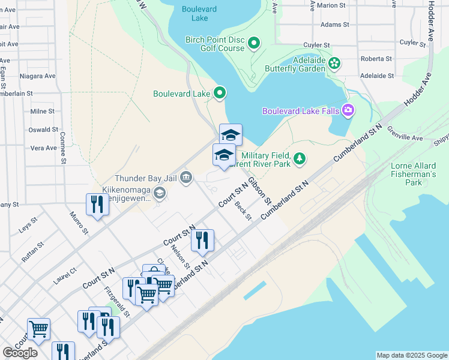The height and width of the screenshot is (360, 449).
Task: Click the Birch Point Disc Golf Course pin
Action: coord(254,43)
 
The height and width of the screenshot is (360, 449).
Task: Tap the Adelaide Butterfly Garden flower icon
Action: coord(334,63)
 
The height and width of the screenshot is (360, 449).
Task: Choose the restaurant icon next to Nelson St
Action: coord(202,240)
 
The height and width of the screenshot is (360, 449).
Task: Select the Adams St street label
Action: coord(335,25)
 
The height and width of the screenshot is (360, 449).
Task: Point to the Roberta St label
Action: coord(376,59)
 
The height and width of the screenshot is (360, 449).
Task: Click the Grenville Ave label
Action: coord(406,133)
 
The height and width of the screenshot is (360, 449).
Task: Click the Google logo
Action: coord(20,353)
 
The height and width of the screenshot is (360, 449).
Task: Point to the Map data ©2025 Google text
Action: coord(412,355)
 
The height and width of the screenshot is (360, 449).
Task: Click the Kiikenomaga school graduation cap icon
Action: coord(160,192)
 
